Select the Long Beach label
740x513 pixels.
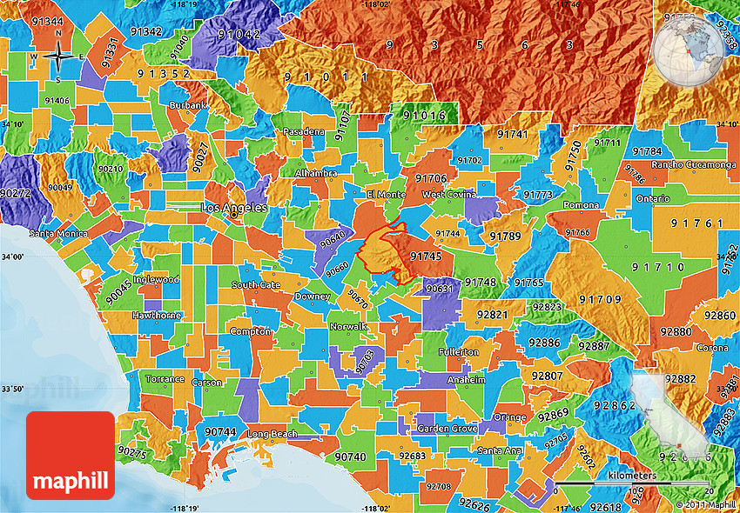click(272, 434)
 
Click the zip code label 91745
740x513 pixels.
click(426, 256)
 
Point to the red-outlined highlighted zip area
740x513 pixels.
click(383, 254)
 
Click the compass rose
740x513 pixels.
click(58, 57)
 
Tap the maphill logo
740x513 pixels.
click(71, 456)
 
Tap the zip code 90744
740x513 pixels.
click(220, 432)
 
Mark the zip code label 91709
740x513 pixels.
click(601, 299)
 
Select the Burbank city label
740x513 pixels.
click(190, 105)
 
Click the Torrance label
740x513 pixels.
click(165, 379)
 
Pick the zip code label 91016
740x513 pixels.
click(424, 115)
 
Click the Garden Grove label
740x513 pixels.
click(447, 429)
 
